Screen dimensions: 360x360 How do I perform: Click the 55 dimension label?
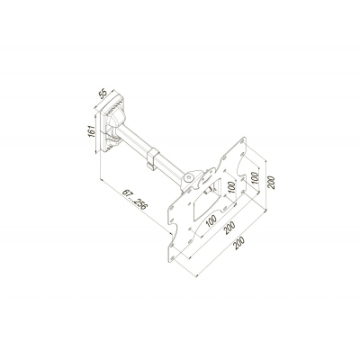(103, 94)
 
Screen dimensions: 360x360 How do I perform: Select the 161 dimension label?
(92, 131)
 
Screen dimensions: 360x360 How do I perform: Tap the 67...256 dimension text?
(135, 200)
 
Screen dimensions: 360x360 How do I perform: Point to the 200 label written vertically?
(271, 182)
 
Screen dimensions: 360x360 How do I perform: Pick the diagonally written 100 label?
(211, 221)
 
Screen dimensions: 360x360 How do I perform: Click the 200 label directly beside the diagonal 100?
(230, 229)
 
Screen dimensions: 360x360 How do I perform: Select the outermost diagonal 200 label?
(239, 243)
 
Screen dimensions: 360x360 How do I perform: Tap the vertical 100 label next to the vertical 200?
(255, 178)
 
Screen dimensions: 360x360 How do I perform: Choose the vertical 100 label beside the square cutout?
(231, 188)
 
